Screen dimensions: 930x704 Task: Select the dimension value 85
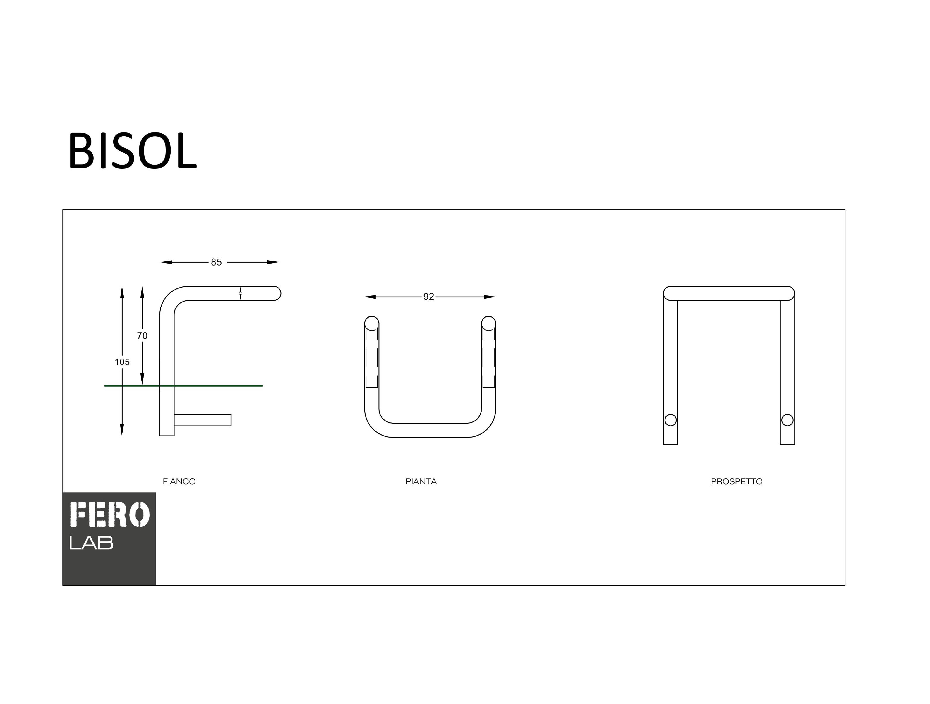tap(216, 262)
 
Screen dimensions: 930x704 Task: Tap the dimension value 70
tap(142, 336)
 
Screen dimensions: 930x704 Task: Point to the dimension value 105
tap(122, 362)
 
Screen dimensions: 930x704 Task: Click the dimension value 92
tap(428, 297)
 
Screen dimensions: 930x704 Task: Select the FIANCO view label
tap(179, 481)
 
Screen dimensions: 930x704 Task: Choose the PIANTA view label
tap(421, 481)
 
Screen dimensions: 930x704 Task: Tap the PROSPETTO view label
tap(737, 481)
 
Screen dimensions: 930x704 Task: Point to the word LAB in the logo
tap(91, 543)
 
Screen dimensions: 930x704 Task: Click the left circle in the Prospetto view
tap(671, 420)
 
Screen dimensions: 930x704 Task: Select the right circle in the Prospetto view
tap(787, 420)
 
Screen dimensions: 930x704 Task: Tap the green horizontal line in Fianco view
tap(184, 385)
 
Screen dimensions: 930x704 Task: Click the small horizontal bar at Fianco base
tap(203, 420)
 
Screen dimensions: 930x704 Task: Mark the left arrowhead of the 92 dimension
tap(370, 297)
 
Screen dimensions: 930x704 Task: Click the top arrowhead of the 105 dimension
tap(122, 292)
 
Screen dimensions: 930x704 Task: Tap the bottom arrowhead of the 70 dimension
tap(142, 379)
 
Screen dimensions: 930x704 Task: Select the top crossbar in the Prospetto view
tap(729, 293)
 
